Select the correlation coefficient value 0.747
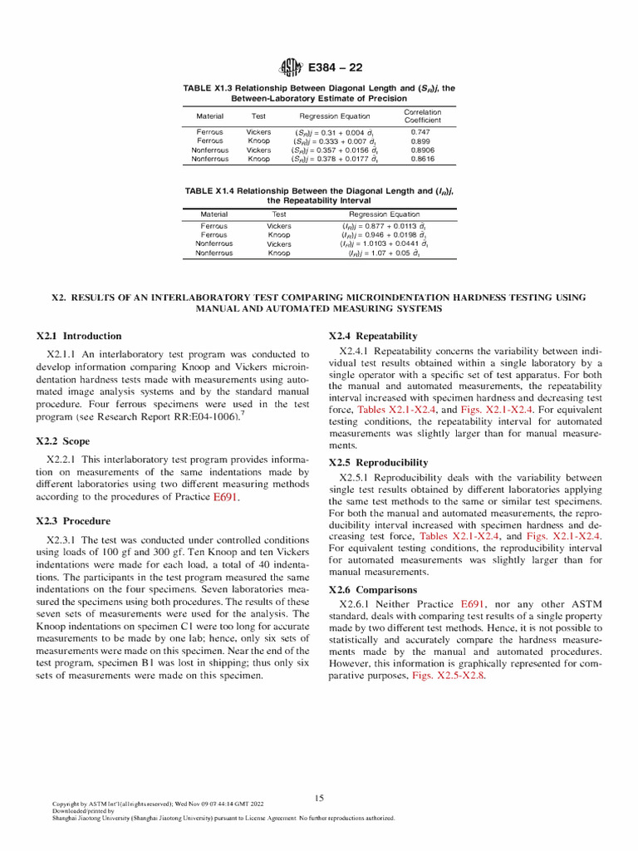coord(422,132)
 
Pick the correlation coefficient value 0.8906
coord(422,150)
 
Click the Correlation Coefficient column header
coord(422,116)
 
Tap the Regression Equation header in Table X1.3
coord(335,116)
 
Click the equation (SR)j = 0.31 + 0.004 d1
coord(335,132)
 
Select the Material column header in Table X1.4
coord(213,214)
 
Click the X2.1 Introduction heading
coord(79,337)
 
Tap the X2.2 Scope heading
coord(63,441)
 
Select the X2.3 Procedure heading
coord(73,521)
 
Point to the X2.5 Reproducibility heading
coord(378,462)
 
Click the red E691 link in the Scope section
coord(226,499)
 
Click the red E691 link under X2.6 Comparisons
coord(472,603)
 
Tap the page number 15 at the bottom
coord(319,799)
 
